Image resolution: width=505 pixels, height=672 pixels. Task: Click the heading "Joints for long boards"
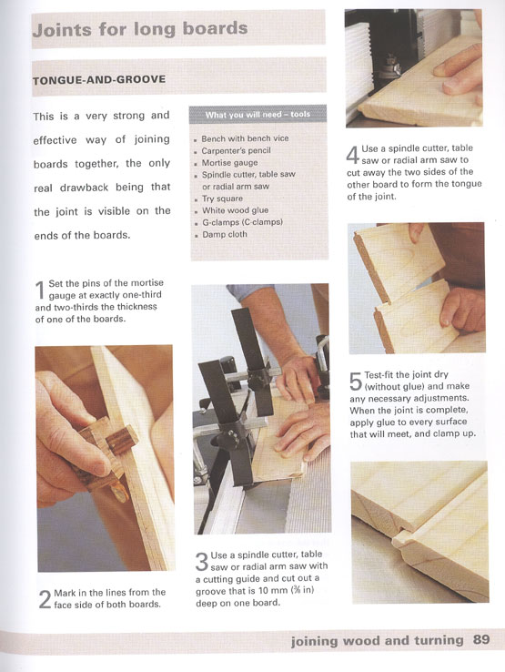tap(140, 29)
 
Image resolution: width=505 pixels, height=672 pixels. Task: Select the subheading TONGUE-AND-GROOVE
tap(99, 80)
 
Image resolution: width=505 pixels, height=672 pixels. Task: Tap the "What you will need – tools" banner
tap(258, 115)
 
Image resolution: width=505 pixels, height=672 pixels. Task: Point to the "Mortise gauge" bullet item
tap(229, 163)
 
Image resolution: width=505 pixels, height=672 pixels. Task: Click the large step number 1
tap(40, 290)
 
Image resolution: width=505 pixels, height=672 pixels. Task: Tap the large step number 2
tap(45, 599)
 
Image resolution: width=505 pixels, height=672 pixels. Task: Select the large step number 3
tap(202, 562)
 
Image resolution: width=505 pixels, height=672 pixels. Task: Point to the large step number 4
tap(352, 155)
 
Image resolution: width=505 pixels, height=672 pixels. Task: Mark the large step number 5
tap(356, 382)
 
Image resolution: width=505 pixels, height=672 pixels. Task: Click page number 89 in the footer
tap(481, 640)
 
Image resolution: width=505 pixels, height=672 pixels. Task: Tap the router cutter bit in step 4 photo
tap(390, 66)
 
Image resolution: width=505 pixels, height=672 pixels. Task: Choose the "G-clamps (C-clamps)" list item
tap(242, 222)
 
